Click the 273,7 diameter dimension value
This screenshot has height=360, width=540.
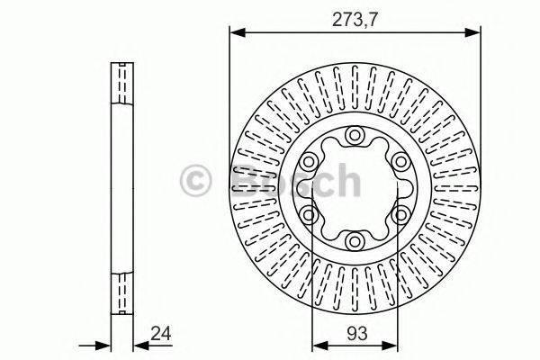(354, 16)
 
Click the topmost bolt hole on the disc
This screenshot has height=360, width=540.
(355, 137)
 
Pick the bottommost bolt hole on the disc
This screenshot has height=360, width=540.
(355, 240)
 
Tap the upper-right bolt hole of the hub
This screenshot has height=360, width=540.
(399, 162)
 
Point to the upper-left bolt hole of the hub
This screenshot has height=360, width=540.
(310, 162)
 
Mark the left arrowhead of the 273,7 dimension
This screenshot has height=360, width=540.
(236, 33)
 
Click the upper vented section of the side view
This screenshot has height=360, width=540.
(121, 85)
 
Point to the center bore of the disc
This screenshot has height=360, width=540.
(355, 188)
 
